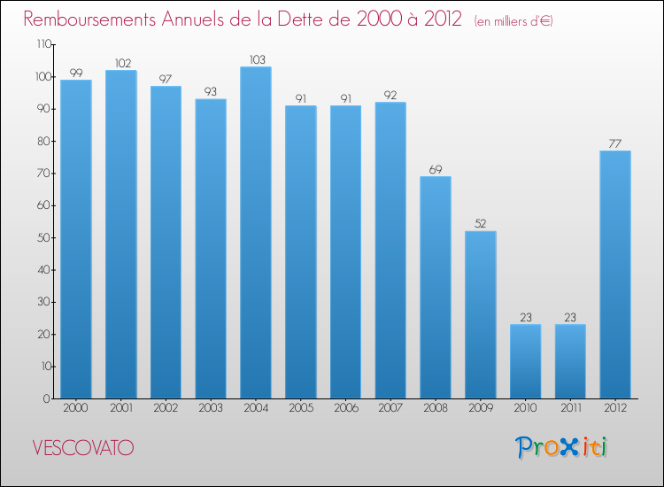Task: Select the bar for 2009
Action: click(x=481, y=314)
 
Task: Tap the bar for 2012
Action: click(x=615, y=274)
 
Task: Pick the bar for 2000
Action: click(x=76, y=239)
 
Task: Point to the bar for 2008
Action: click(x=436, y=287)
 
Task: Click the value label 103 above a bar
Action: click(x=256, y=59)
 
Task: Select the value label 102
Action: click(x=121, y=63)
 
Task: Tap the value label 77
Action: click(x=615, y=143)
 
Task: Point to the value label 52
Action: click(x=481, y=224)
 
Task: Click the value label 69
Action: click(x=436, y=169)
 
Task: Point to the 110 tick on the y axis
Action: click(x=42, y=44)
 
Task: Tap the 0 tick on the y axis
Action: click(x=48, y=398)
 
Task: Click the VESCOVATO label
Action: click(x=82, y=448)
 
